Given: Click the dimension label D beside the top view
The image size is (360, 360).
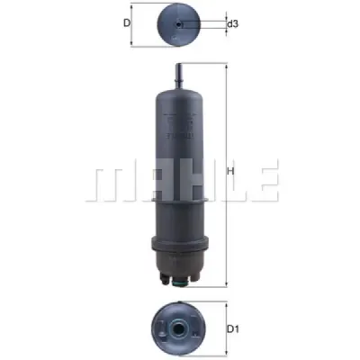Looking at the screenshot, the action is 127,22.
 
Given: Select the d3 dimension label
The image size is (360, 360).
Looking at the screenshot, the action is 232,23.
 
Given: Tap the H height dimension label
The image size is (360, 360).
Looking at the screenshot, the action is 230,171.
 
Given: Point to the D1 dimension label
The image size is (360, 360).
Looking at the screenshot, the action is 233,329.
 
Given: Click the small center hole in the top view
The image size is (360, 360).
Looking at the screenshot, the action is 179,24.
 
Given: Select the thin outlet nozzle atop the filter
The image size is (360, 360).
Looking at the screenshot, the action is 179,76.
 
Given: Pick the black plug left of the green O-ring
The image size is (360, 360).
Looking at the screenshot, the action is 164,279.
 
